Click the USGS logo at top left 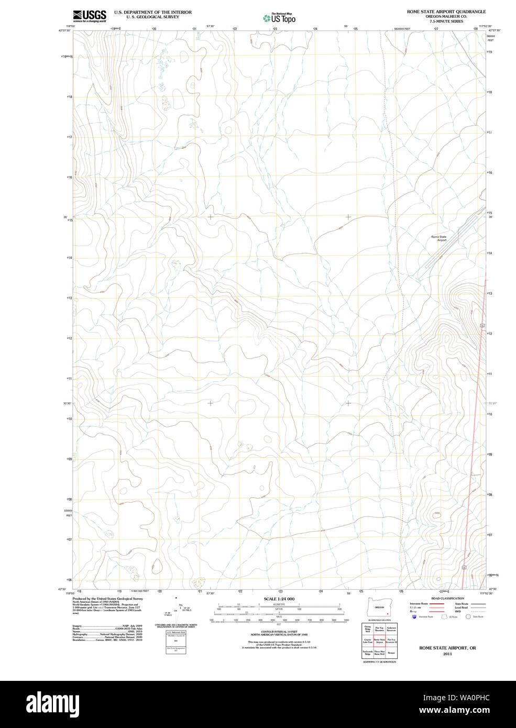tap(90, 16)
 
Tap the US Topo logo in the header tap(279, 18)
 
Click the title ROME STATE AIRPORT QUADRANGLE tap(446, 12)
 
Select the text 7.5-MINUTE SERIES tap(446, 21)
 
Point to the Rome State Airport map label tap(439, 238)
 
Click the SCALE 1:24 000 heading tap(279, 599)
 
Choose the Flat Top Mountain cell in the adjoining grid tap(379, 629)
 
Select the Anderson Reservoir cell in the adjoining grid tap(391, 629)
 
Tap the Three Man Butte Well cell tap(379, 653)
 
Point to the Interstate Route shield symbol tap(414, 617)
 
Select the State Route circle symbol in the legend tap(468, 617)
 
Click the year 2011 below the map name tap(447, 654)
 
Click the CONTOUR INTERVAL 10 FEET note tap(279, 632)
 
